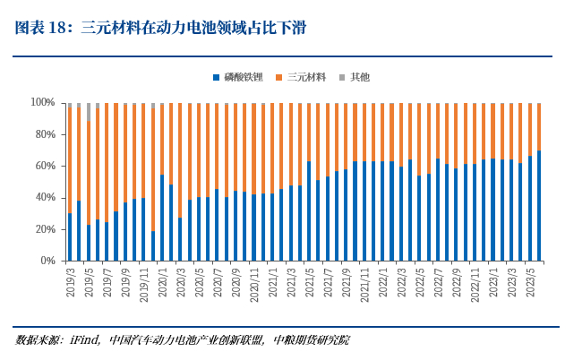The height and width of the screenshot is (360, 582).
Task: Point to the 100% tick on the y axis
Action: click(x=42, y=103)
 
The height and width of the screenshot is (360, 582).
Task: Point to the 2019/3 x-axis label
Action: click(x=70, y=281)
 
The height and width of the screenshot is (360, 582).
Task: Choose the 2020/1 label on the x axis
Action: click(x=162, y=281)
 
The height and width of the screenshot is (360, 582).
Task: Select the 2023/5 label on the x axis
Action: click(x=530, y=281)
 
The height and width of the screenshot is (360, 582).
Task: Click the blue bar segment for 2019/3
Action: click(x=70, y=237)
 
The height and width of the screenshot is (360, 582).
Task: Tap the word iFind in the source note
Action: click(x=90, y=340)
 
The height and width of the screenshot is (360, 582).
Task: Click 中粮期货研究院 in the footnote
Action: click(x=312, y=340)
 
